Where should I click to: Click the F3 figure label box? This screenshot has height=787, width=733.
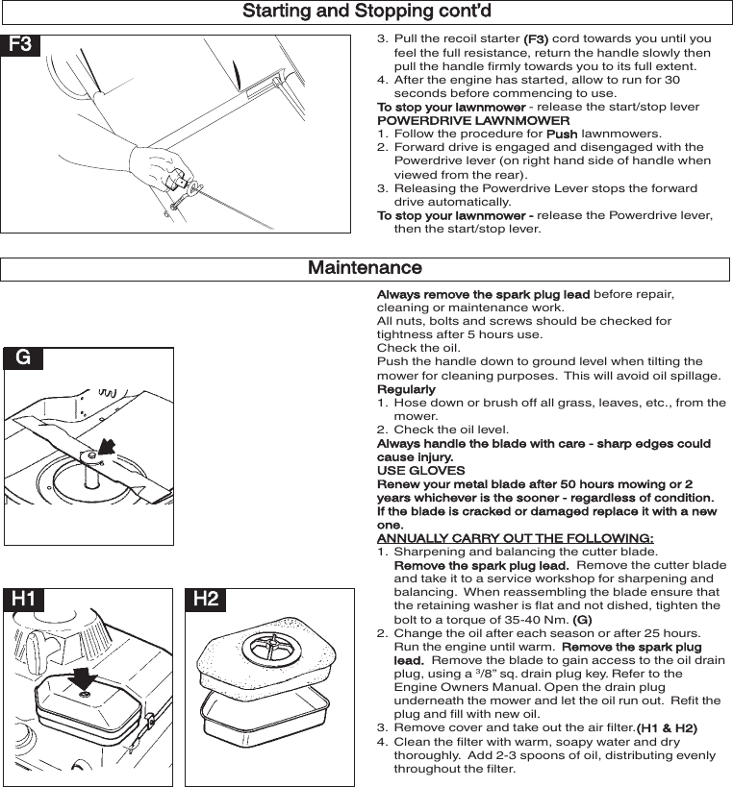[21, 45]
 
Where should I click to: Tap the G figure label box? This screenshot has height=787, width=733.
[24, 358]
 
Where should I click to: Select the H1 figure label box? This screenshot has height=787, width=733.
[24, 600]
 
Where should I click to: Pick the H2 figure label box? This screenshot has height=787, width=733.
[206, 600]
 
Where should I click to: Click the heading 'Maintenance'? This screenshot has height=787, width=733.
[365, 268]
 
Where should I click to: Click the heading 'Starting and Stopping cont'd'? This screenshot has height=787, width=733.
[366, 12]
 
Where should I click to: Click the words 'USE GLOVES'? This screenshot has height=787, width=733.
[420, 471]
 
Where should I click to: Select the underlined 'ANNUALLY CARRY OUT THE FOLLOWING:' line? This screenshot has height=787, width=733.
[515, 538]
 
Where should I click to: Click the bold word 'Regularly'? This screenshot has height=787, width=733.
[406, 389]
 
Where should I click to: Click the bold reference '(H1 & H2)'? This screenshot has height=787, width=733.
[667, 728]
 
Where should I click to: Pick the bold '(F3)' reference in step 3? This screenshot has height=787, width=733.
[536, 39]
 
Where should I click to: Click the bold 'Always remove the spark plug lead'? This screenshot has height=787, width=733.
[483, 294]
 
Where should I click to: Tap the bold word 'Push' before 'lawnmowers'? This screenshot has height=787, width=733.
[562, 135]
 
